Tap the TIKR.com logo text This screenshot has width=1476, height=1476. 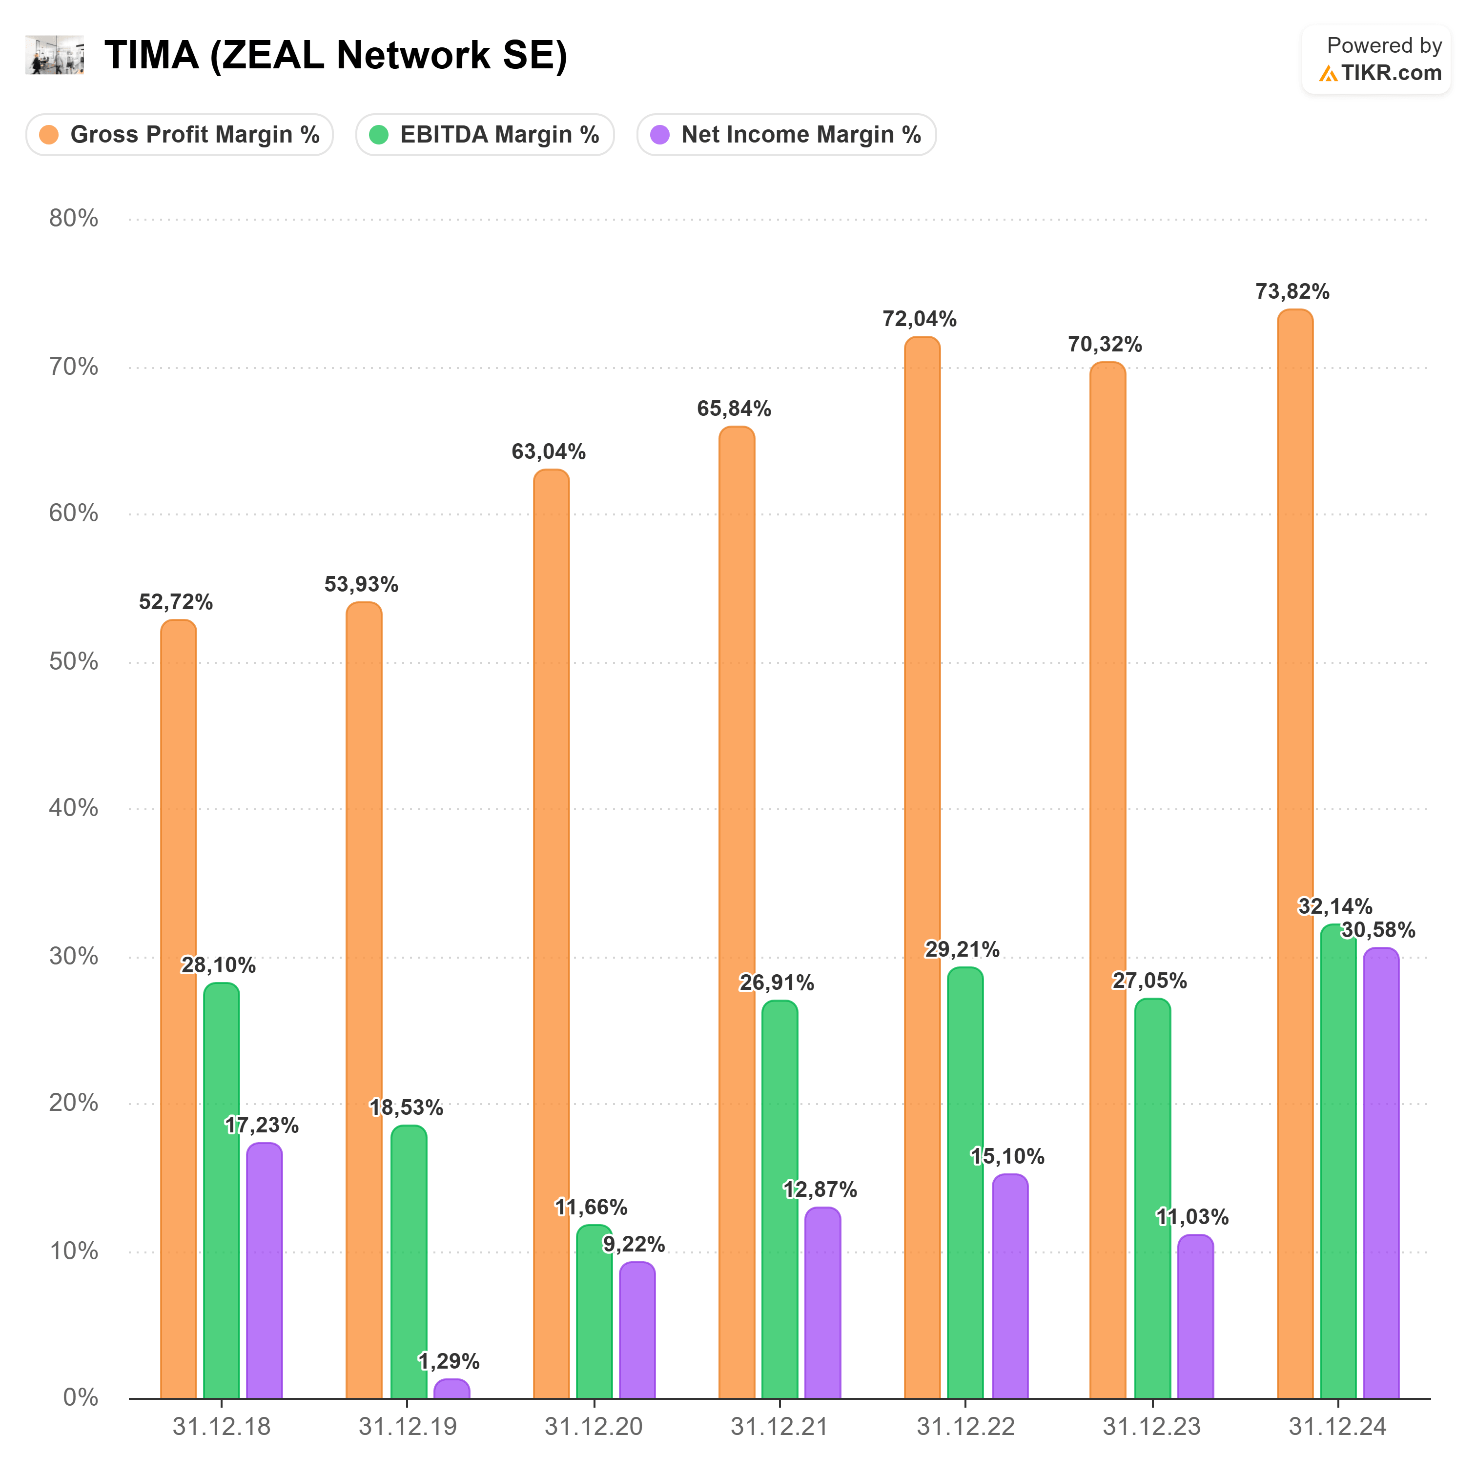coord(1391,73)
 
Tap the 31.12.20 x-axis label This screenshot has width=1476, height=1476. coord(594,1426)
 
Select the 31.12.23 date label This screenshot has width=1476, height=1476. coord(1151,1426)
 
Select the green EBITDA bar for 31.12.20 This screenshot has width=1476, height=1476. coord(594,1314)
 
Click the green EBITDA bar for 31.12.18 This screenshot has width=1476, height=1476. coord(222,1192)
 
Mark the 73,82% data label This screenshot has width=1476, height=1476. coord(1292,292)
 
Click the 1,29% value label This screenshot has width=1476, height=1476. coord(449,1361)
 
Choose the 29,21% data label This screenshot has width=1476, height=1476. coord(962,950)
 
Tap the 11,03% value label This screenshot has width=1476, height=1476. coord(1192,1217)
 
